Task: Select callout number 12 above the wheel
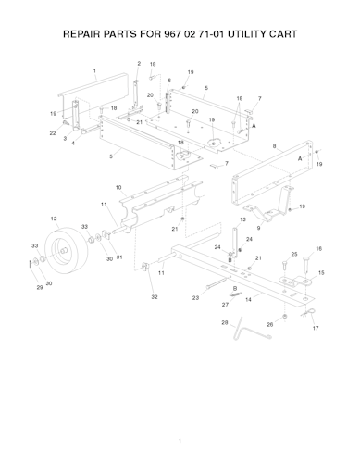point(54,219)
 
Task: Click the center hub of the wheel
point(64,250)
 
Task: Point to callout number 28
point(225,322)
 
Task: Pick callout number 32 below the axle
point(155,297)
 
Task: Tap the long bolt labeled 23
point(217,283)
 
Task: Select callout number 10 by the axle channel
point(118,187)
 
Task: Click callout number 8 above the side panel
point(275,146)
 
